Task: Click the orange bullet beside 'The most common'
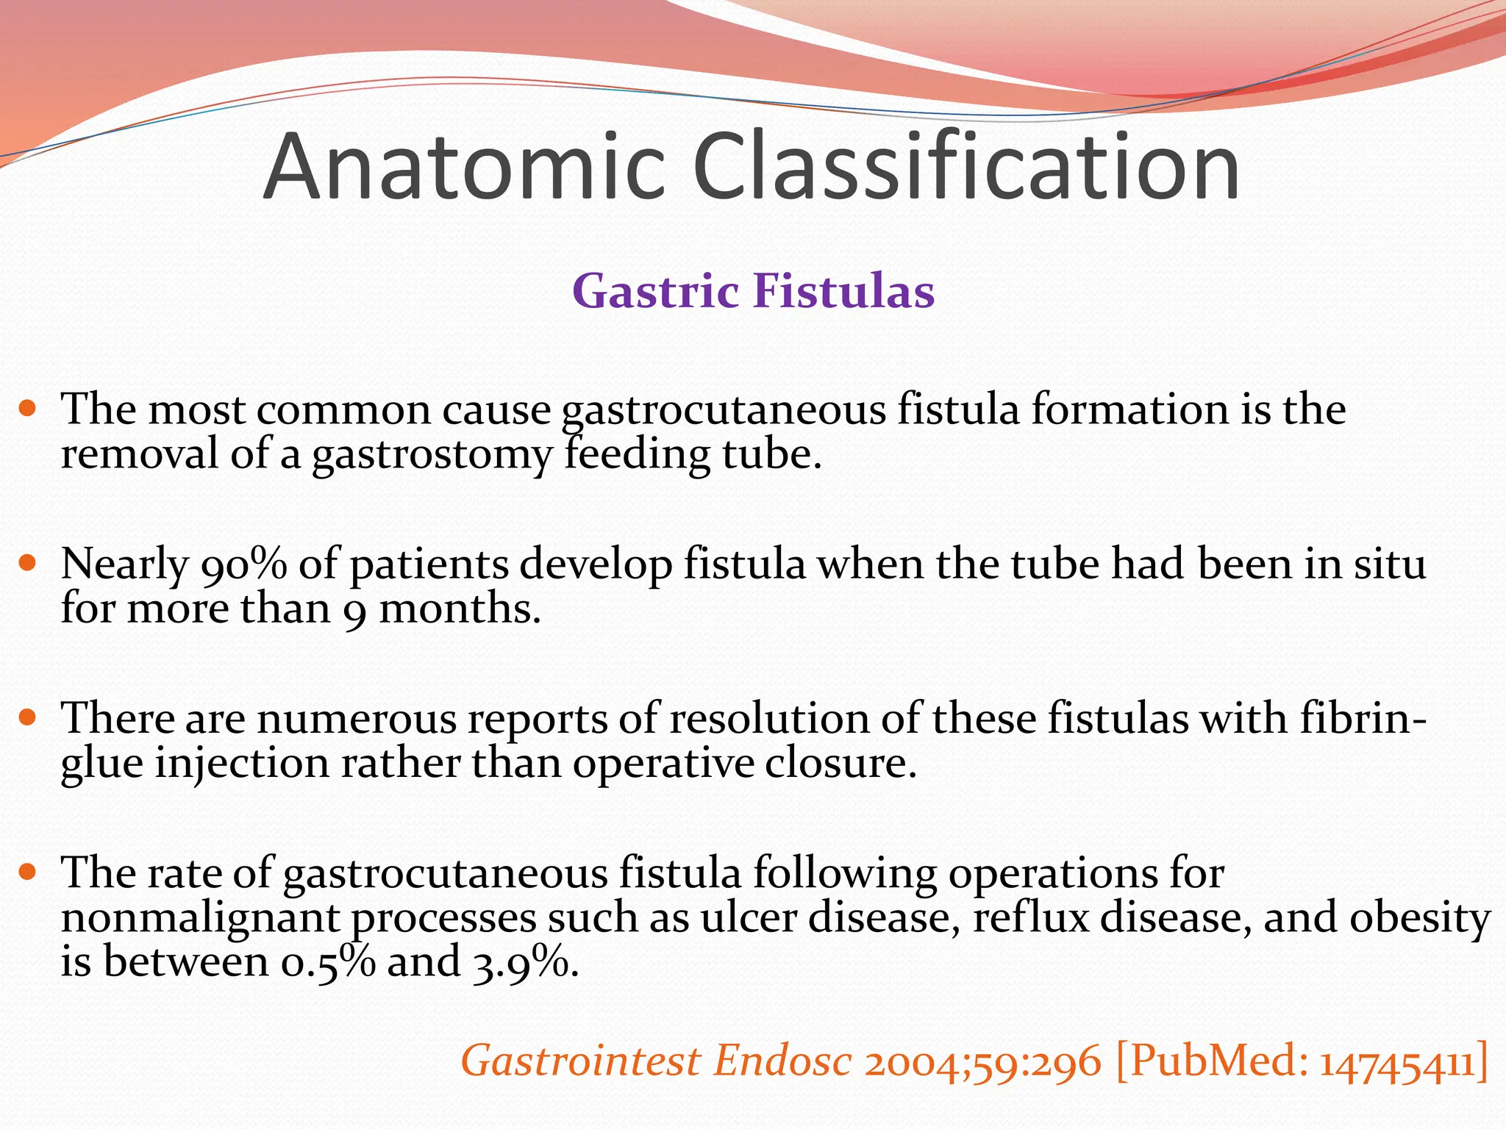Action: pos(27,408)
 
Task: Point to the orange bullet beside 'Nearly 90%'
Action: pos(27,563)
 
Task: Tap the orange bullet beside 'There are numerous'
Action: pos(27,717)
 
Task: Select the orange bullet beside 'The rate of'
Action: pos(27,872)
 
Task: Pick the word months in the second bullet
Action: pos(459,609)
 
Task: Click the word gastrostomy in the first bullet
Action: pos(432,455)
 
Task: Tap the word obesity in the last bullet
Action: pos(1419,919)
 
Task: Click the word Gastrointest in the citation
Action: pos(581,1061)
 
